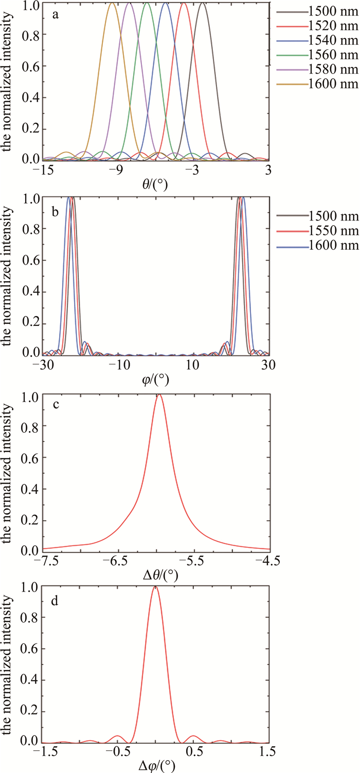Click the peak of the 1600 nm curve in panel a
click(112, 4)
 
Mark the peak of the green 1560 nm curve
click(147, 4)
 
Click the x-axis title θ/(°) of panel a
click(154, 183)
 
